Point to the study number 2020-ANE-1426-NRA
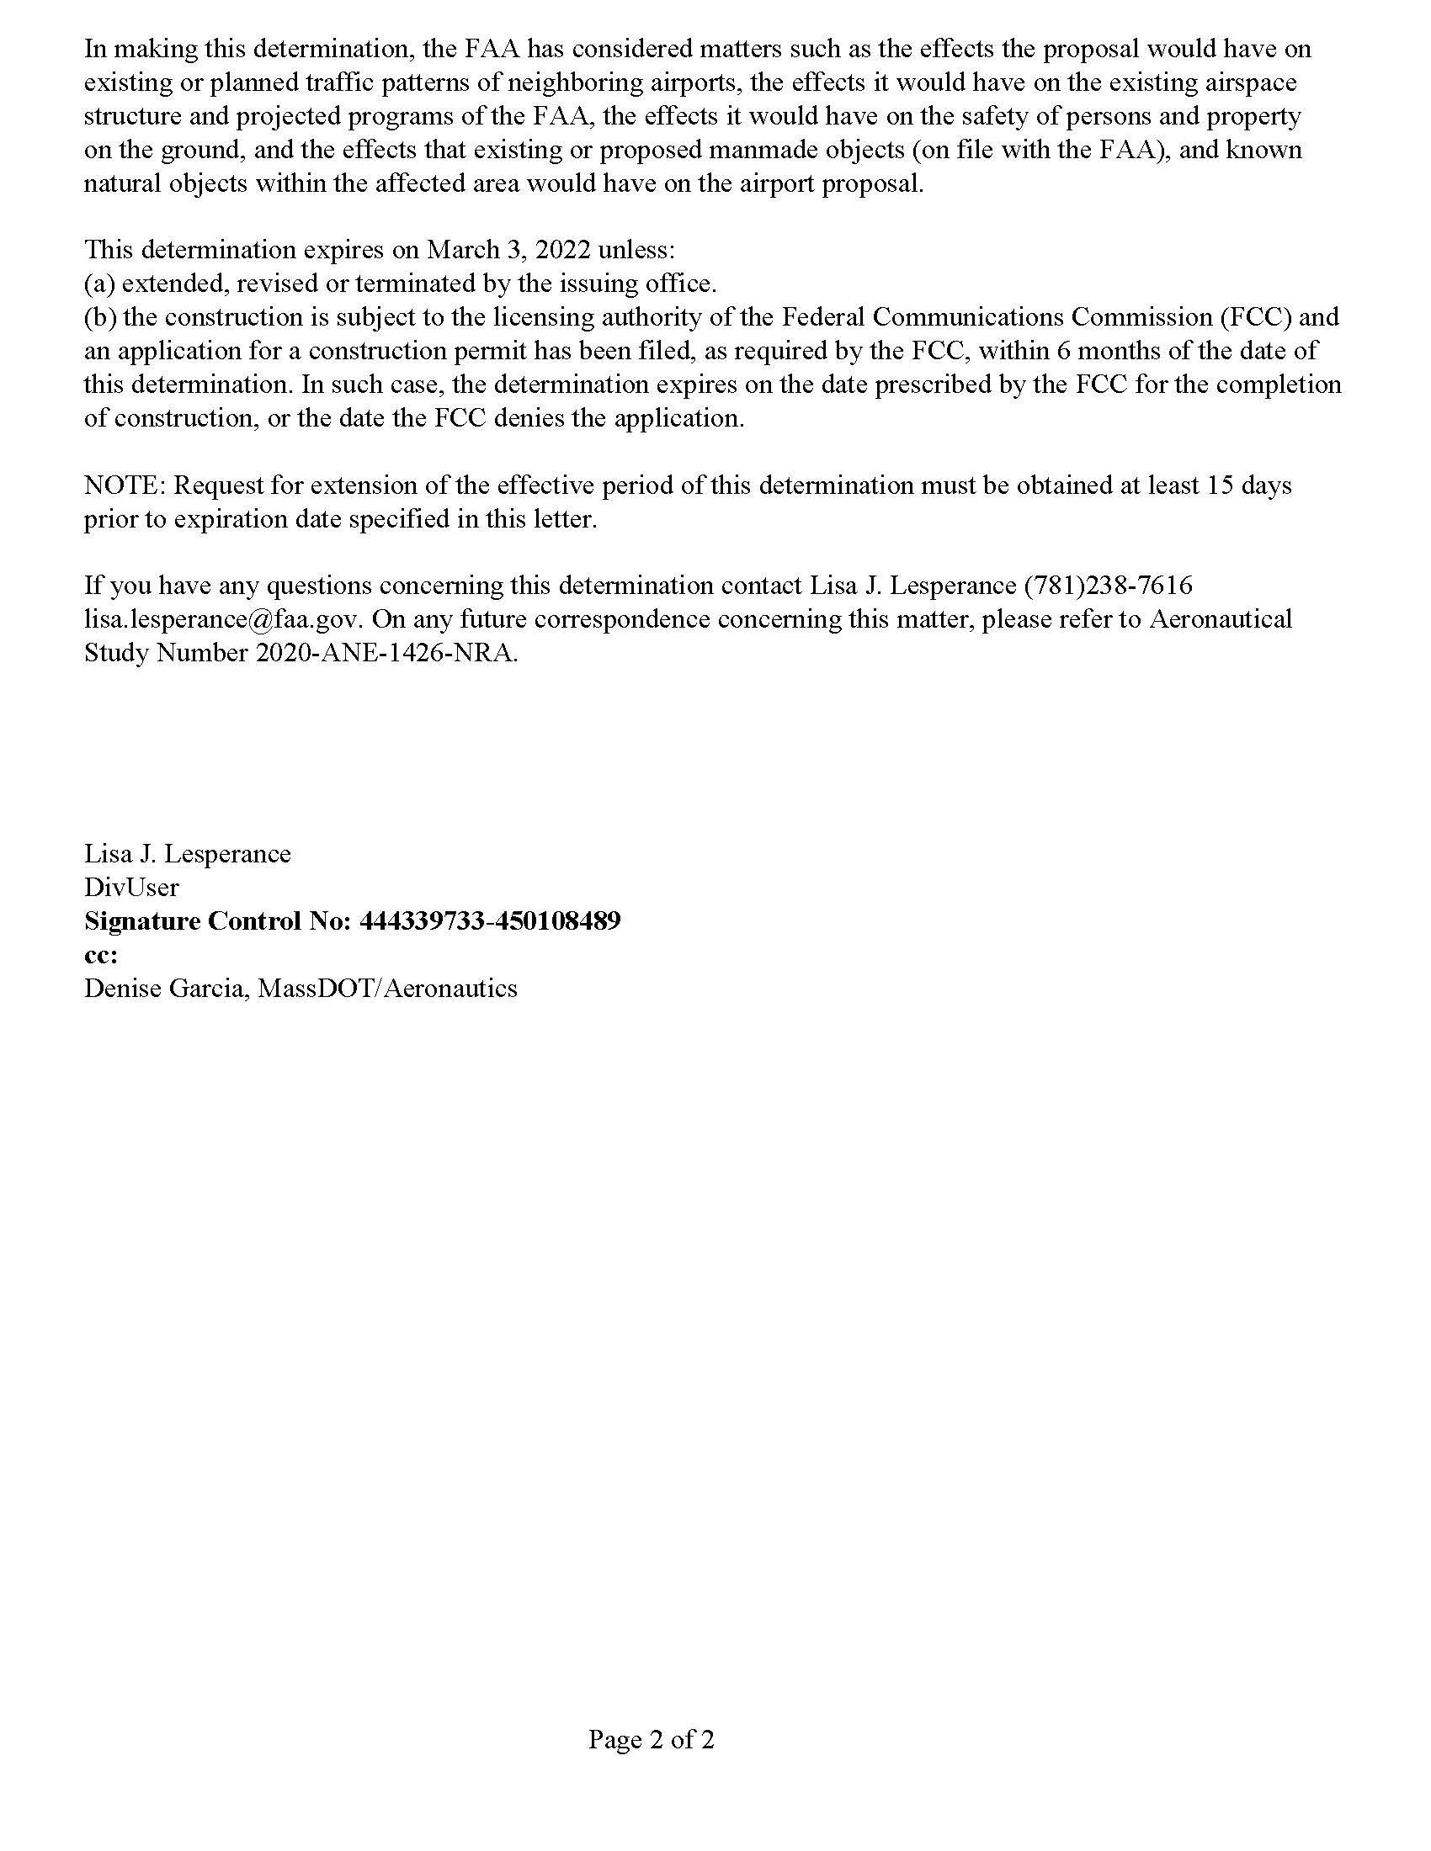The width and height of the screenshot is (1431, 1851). (x=386, y=654)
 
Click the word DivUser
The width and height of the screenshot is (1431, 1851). (x=131, y=888)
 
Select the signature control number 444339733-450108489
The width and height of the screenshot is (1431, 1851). (x=490, y=921)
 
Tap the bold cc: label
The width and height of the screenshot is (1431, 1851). (x=101, y=955)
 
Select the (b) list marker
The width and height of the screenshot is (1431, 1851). (x=100, y=318)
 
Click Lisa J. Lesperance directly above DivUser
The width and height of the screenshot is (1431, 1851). (x=188, y=853)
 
